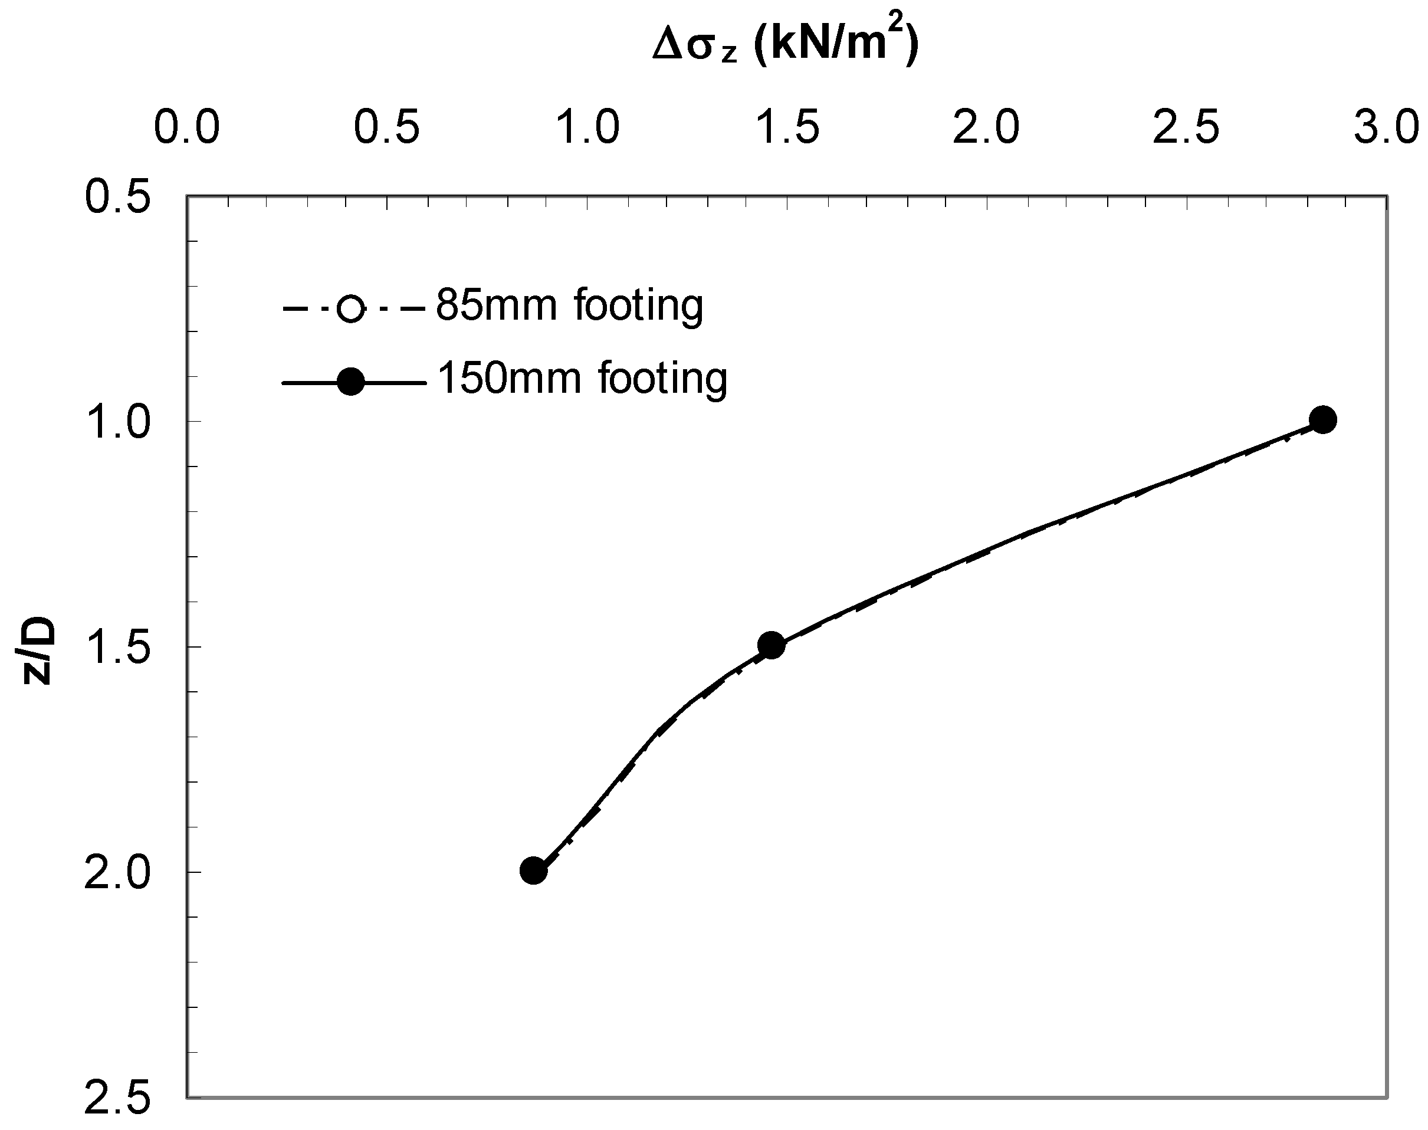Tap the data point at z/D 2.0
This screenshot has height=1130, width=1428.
[533, 871]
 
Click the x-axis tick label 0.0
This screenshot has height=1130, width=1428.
[186, 127]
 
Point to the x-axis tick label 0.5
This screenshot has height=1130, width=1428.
[387, 127]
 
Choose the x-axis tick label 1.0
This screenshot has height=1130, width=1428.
[587, 127]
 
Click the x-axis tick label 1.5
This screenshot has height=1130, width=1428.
[787, 127]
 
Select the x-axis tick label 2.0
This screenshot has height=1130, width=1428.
[987, 127]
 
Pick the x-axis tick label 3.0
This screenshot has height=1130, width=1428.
[1386, 127]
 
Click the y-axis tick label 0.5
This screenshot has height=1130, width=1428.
[119, 197]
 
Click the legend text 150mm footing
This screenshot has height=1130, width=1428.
[582, 379]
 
